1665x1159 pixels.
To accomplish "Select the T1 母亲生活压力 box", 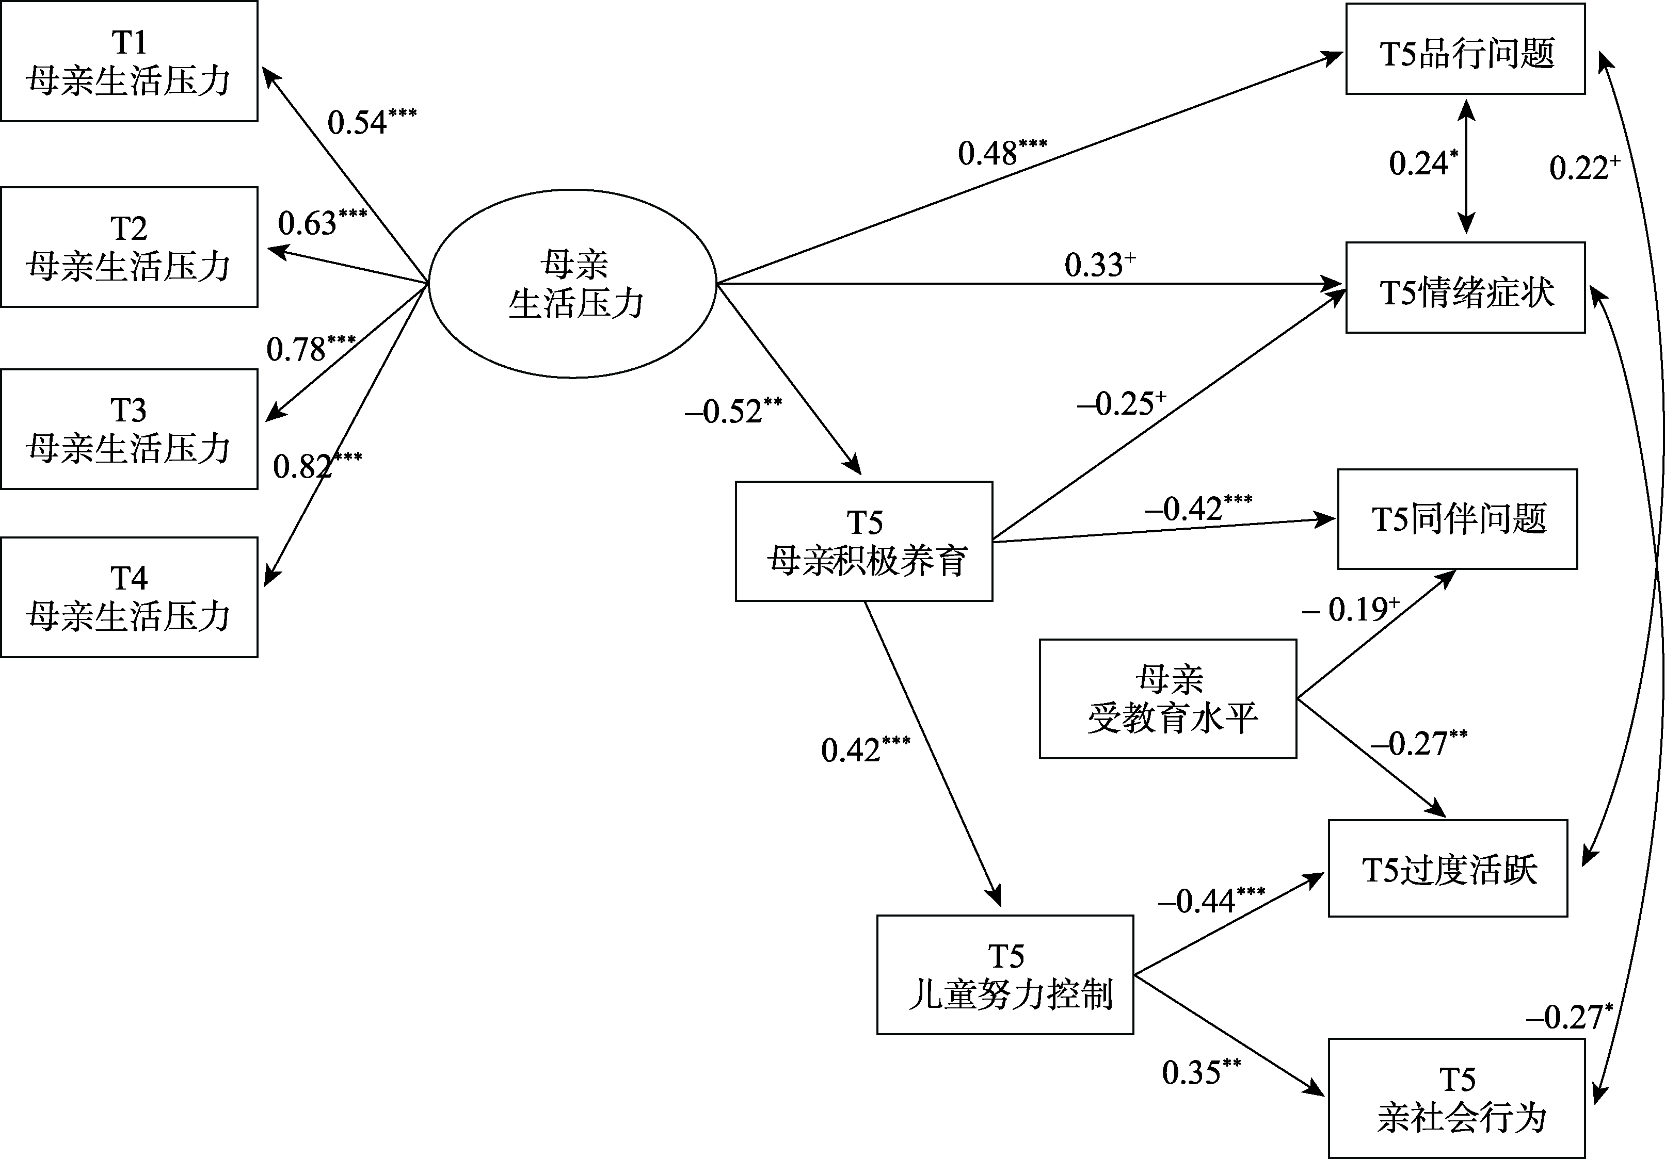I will pos(129,61).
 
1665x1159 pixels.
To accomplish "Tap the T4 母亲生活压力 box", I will pos(129,597).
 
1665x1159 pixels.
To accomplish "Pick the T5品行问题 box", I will pos(1465,50).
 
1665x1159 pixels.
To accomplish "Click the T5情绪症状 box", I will pos(1465,288).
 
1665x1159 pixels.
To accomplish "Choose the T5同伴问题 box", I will pos(1457,519).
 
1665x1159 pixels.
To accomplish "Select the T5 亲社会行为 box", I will pos(1456,1098).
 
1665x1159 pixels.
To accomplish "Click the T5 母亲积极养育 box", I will pos(863,542).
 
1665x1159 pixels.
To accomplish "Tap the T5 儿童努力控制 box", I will pos(1005,975).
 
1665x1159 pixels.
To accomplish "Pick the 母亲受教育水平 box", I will pos(1167,699).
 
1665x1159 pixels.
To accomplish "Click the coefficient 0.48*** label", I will pos(1001,152).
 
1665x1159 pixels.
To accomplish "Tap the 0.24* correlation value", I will pos(1423,163).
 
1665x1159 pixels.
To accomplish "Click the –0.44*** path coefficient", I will pos(1211,900).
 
